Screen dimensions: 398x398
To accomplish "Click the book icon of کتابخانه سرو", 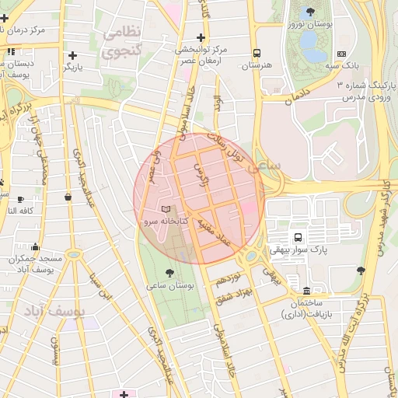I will click(x=164, y=210).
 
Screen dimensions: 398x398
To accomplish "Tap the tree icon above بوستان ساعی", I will click(x=170, y=272).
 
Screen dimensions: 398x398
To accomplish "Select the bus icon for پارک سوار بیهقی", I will click(x=297, y=237).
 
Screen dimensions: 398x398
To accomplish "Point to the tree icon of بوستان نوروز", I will click(x=311, y=12).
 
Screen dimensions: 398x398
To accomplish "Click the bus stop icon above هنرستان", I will click(x=256, y=54).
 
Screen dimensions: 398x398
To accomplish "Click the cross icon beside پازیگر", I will click(x=72, y=55).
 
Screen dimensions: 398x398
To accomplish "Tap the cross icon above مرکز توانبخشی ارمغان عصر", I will click(x=201, y=37).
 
